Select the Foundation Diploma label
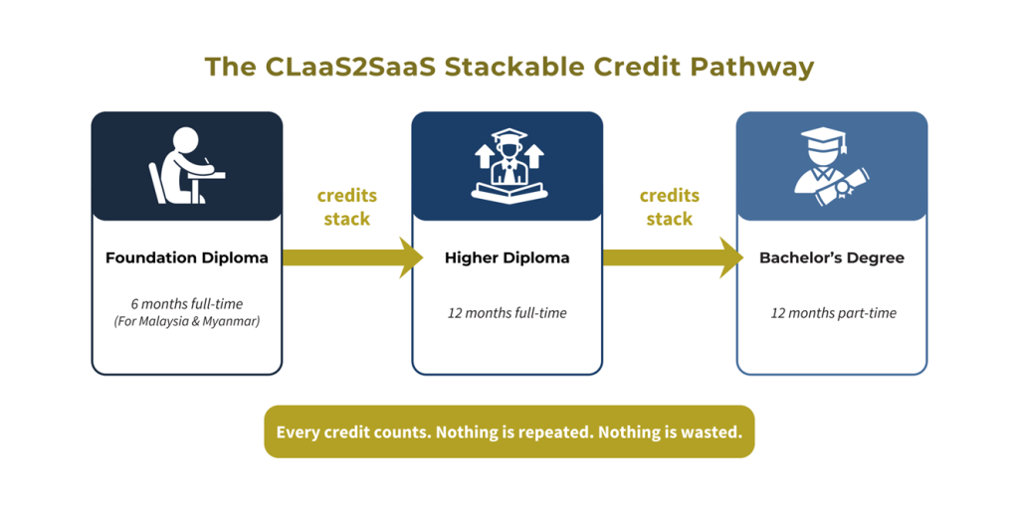[187, 257]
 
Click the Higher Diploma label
[508, 257]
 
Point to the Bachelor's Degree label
[833, 257]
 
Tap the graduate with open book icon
[508, 165]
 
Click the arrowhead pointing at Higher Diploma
[411, 257]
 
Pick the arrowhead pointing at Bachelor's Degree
[731, 257]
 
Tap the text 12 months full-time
[508, 313]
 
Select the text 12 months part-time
[833, 313]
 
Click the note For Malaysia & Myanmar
[187, 321]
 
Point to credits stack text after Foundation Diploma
[347, 207]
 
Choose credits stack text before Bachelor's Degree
[670, 207]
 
